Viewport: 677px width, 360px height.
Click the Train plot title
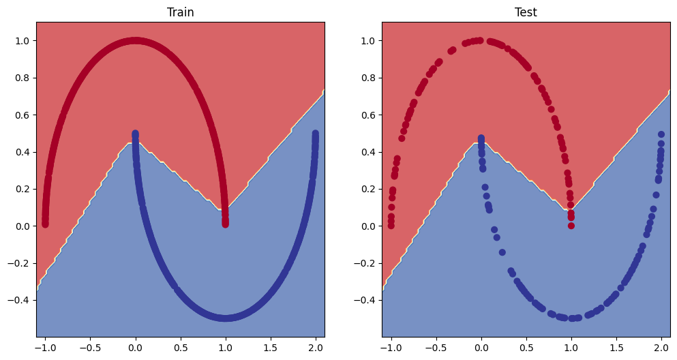pos(180,12)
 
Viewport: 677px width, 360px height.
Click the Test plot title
pos(526,12)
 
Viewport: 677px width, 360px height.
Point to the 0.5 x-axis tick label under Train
pos(180,346)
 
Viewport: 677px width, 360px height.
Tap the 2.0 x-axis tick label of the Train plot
pos(315,346)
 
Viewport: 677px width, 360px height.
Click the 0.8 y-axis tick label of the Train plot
pos(22,78)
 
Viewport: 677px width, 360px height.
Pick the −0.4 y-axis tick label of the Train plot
pos(20,300)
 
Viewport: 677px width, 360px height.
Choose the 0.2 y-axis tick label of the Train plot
pos(22,189)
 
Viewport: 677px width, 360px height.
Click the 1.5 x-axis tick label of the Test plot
pos(616,346)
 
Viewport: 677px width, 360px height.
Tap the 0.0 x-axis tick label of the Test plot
pos(481,346)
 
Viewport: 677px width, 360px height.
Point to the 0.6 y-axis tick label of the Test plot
pos(368,115)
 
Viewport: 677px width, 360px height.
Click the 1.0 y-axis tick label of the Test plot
pos(368,41)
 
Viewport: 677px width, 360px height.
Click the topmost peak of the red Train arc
pos(135,41)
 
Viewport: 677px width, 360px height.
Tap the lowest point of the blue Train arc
pos(226,318)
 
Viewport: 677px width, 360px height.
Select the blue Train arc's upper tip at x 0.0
pos(135,134)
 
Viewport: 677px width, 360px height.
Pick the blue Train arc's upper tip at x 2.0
pos(316,134)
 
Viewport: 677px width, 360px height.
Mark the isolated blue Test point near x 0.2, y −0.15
pos(502,252)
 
